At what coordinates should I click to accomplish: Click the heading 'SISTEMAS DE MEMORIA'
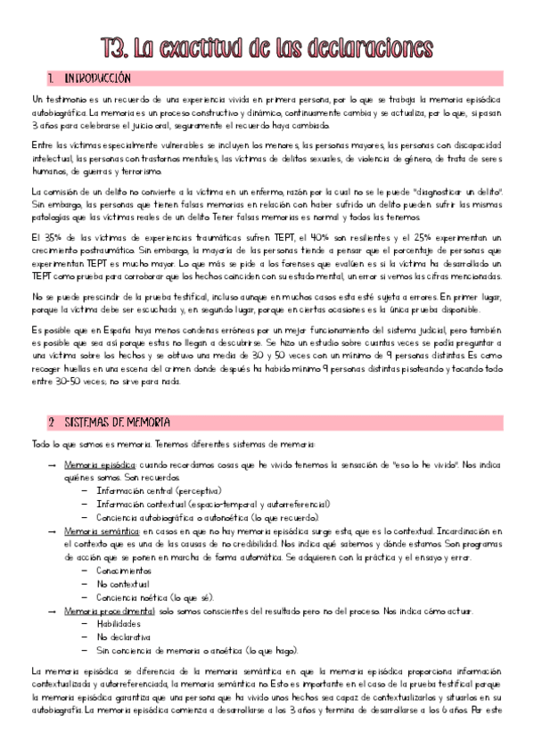pyautogui.click(x=113, y=421)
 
